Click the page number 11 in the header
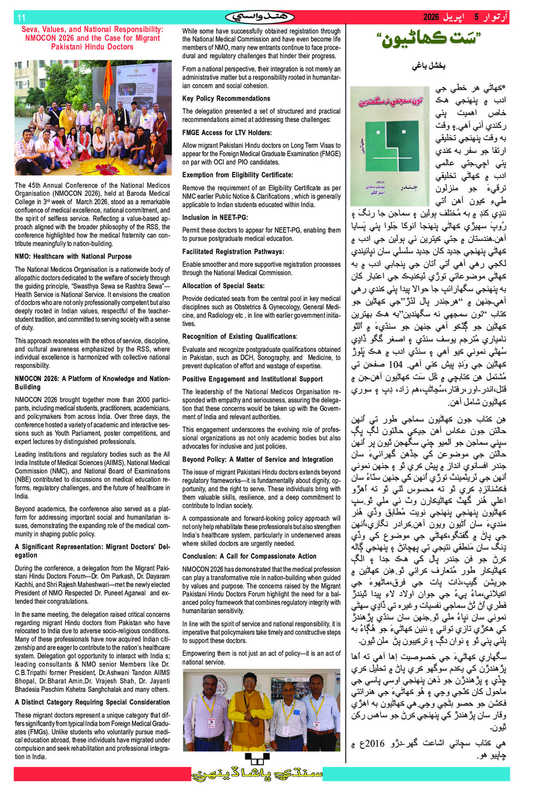[x=21, y=18]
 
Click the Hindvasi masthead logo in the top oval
[x=260, y=17]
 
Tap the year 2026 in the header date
[x=431, y=17]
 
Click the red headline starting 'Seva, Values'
[x=92, y=38]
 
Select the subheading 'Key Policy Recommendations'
[x=226, y=98]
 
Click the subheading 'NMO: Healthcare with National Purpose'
[x=73, y=256]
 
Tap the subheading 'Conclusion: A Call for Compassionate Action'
[x=249, y=556]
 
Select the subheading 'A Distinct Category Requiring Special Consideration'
[x=92, y=702]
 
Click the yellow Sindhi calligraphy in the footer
[x=257, y=774]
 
